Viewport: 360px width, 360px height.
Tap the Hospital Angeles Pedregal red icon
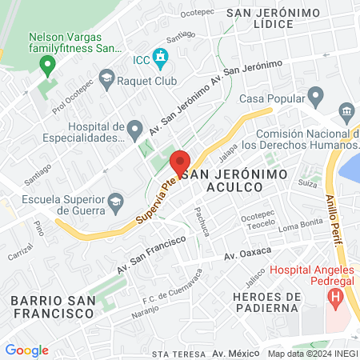(x=335, y=299)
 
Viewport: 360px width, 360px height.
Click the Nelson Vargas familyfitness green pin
(x=47, y=63)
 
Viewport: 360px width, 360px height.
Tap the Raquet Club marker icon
(x=106, y=78)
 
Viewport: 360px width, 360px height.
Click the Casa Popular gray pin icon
(x=315, y=98)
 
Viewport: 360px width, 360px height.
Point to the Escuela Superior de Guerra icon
(x=116, y=200)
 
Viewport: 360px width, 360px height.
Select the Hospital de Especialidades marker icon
(x=135, y=128)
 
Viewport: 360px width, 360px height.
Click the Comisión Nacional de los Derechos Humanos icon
(x=346, y=110)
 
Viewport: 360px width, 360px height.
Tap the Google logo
(x=26, y=350)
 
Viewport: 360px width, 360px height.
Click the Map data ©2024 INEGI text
(x=312, y=354)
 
